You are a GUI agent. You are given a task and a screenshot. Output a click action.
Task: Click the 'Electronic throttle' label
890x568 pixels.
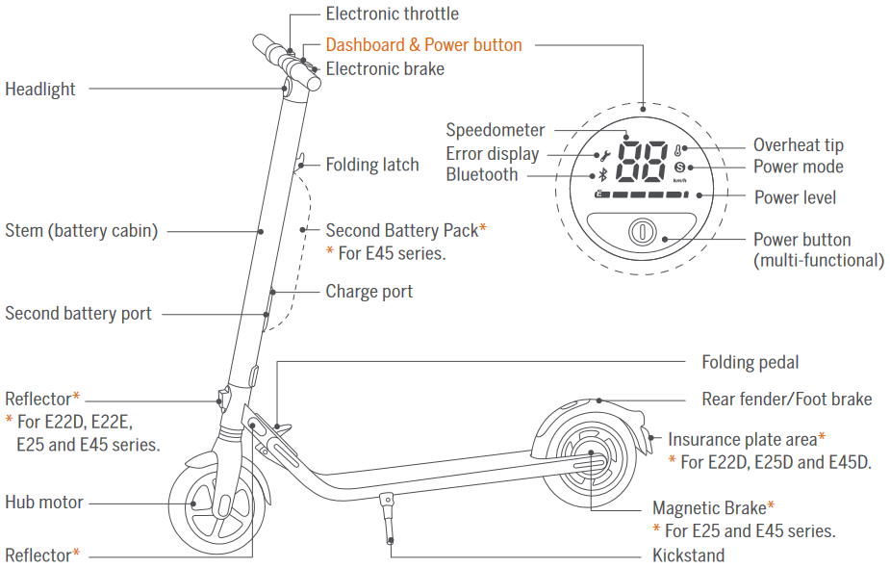[x=392, y=14]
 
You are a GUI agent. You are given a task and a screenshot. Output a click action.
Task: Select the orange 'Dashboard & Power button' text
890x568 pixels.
[x=423, y=45]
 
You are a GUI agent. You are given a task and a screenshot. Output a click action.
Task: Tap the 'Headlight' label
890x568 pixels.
[x=40, y=90]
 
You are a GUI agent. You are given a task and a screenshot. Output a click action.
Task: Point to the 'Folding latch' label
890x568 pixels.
[x=372, y=165]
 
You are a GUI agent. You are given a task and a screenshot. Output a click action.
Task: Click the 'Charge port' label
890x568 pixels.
[x=369, y=292]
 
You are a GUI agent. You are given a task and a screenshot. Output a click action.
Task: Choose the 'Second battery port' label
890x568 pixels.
[x=78, y=314]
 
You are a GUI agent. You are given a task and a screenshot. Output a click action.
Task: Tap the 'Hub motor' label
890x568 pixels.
[x=44, y=503]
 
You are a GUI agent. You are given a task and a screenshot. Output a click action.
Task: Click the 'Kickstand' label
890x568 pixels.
[x=688, y=555]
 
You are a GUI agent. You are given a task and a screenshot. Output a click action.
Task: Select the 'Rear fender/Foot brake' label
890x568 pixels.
[x=786, y=400]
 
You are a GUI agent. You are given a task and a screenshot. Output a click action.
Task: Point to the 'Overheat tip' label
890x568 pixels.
[x=798, y=145]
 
